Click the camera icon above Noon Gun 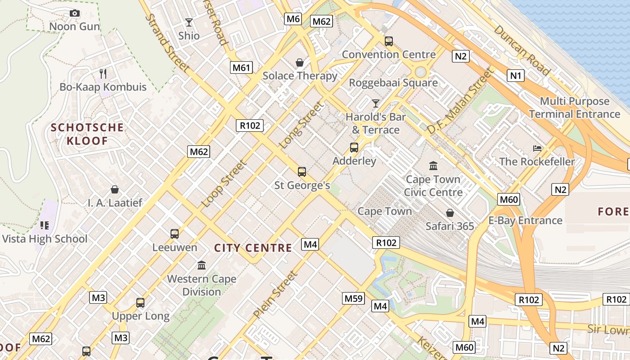(x=75, y=13)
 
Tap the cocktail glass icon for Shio (x=189, y=22)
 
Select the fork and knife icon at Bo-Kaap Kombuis (x=103, y=73)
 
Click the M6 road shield (x=293, y=18)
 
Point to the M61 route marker (x=241, y=67)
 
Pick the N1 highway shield (x=516, y=76)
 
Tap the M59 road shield (x=353, y=298)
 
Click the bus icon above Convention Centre (x=389, y=41)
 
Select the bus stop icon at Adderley (x=354, y=148)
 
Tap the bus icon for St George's (x=302, y=171)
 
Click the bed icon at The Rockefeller (x=537, y=148)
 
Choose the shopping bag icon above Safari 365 (x=450, y=213)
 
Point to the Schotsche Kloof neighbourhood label (x=87, y=134)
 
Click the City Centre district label (x=253, y=248)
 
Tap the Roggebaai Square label (x=393, y=83)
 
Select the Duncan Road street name (x=522, y=50)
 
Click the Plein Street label (x=275, y=294)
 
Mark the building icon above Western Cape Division (x=202, y=265)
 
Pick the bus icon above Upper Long (x=140, y=303)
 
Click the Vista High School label (x=45, y=238)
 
